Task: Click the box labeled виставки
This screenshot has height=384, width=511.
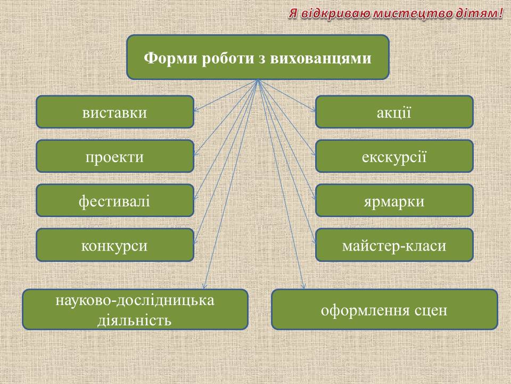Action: click(115, 111)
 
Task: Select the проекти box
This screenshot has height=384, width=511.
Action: click(115, 156)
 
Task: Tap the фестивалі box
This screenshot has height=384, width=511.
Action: click(115, 201)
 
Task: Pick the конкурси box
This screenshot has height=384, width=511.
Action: click(115, 245)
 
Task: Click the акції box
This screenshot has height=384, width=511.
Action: click(394, 111)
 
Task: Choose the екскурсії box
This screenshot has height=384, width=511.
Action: click(394, 156)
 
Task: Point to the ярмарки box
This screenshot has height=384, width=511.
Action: click(394, 201)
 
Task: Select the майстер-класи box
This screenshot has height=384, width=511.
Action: click(394, 245)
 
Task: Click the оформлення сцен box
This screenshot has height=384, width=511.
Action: click(384, 309)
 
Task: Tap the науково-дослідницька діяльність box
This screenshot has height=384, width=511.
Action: click(135, 309)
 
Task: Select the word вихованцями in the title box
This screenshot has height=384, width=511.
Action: click(320, 59)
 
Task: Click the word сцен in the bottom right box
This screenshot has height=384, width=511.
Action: click(431, 310)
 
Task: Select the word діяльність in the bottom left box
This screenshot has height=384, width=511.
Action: click(135, 320)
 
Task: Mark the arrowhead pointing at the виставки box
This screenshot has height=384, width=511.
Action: click(195, 110)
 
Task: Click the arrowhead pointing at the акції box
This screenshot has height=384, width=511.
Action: click(313, 109)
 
